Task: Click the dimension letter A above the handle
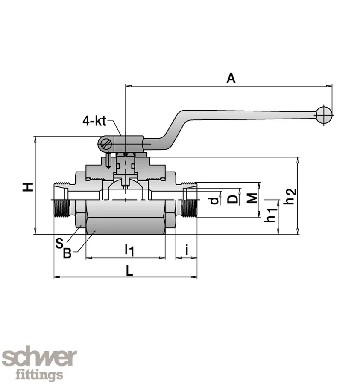click(231, 78)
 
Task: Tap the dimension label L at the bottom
click(130, 270)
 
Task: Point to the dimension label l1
click(129, 250)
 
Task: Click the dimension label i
click(187, 249)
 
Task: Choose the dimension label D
click(232, 199)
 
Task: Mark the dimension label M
click(252, 198)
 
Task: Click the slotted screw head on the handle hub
click(105, 144)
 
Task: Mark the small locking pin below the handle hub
click(108, 160)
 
